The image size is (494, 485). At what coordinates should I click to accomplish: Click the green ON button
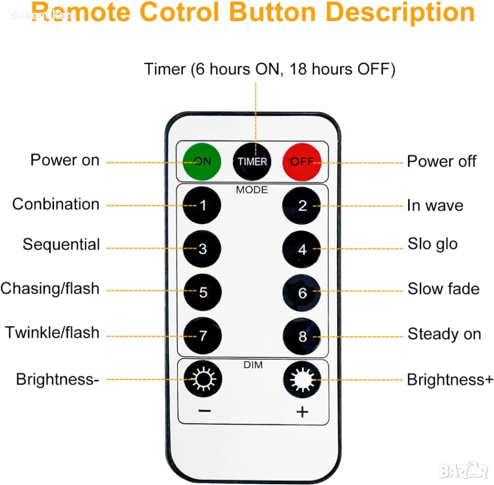[x=202, y=162]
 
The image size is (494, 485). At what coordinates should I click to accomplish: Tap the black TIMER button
[x=252, y=162]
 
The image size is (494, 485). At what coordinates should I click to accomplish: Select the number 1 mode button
[x=202, y=205]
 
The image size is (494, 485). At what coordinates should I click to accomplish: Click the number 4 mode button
[x=301, y=249]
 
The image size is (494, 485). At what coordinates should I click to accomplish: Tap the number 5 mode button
[x=203, y=293]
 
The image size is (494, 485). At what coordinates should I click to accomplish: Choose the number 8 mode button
[x=302, y=336]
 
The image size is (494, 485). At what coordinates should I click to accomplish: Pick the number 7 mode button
[x=203, y=336]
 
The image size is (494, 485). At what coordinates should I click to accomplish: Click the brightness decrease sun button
[x=203, y=379]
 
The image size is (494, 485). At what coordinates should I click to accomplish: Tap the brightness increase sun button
[x=302, y=379]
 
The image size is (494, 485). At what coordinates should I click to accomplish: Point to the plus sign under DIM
[x=302, y=412]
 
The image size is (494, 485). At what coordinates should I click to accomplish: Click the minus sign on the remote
[x=205, y=411]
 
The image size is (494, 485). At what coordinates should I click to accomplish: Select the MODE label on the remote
[x=252, y=190]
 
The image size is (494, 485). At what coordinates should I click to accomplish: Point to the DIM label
[x=253, y=365]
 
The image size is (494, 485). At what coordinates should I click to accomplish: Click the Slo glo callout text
[x=432, y=244]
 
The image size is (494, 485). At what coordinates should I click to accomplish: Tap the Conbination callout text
[x=56, y=204]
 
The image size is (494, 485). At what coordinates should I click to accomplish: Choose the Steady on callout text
[x=444, y=334]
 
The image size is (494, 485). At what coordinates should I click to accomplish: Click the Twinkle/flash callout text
[x=52, y=332]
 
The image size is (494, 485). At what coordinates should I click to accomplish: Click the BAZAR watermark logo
[x=463, y=471]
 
